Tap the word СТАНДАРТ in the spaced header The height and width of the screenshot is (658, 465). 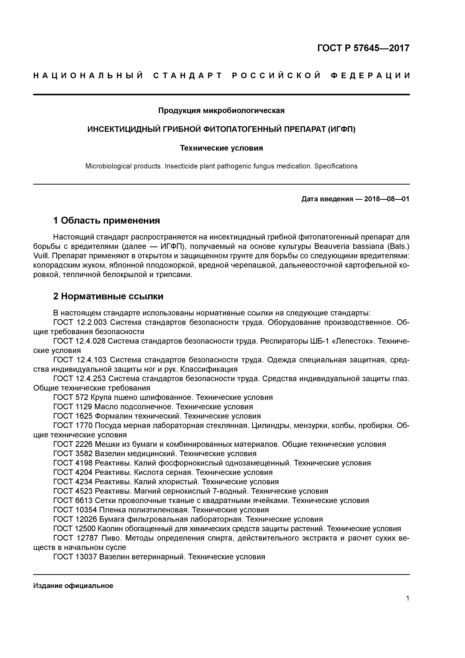pos(188,76)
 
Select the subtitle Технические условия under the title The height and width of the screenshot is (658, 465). pos(221,148)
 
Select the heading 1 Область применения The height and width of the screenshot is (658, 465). pos(106,220)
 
